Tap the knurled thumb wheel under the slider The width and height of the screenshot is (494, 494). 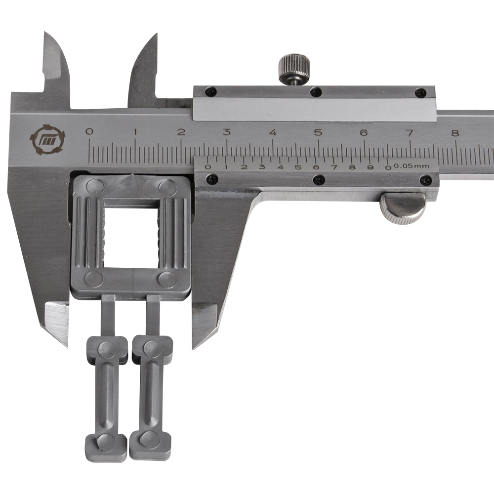pos(403,208)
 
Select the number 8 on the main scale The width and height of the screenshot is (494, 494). pos(455,133)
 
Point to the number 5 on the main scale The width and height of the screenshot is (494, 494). pos(319,132)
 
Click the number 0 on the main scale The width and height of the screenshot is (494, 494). pos(90,131)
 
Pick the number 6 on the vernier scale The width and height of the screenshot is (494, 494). pos(316,167)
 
